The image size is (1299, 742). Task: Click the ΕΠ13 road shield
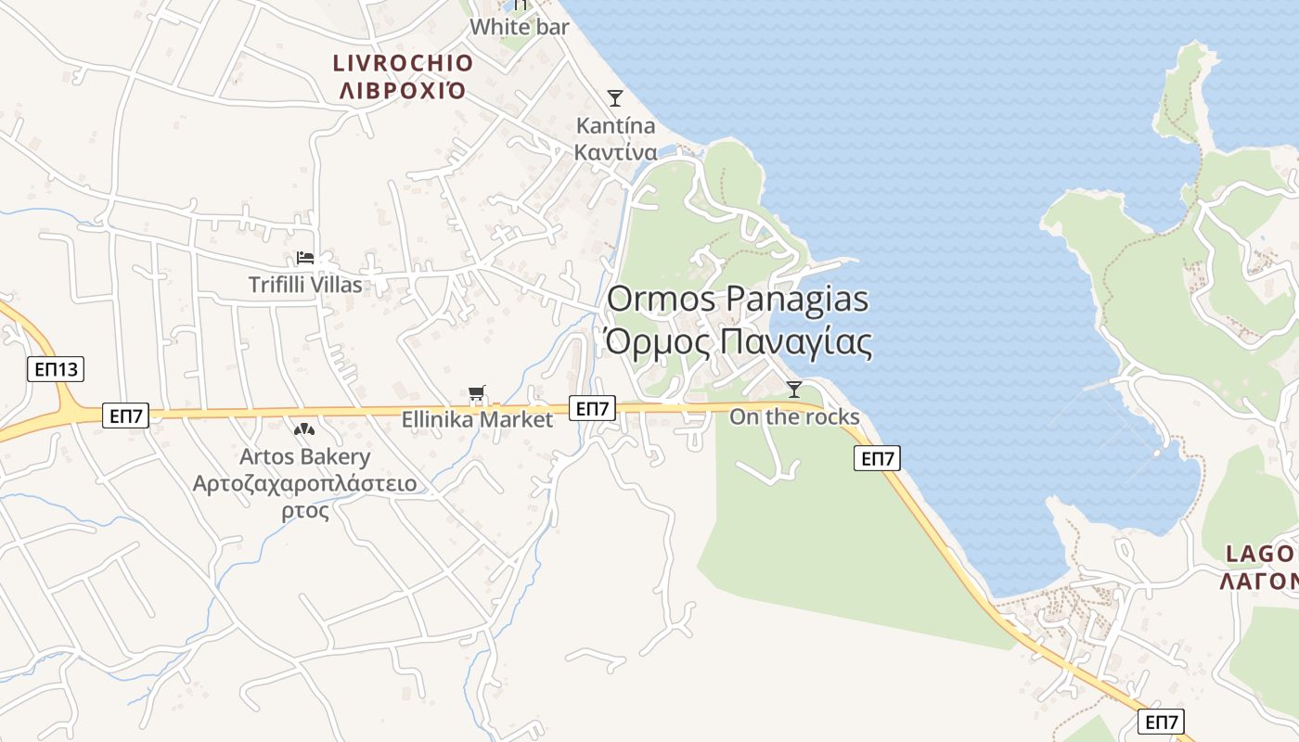(x=56, y=369)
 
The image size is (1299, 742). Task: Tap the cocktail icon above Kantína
(x=614, y=97)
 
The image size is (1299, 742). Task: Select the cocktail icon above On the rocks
(x=794, y=389)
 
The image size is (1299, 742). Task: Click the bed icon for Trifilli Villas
(x=305, y=258)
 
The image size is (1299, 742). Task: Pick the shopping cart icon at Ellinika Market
(x=477, y=394)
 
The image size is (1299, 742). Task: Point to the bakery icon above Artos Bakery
(x=304, y=430)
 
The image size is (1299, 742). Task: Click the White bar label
(x=520, y=27)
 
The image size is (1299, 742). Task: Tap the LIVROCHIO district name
(x=404, y=63)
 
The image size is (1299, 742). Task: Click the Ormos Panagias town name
(x=738, y=299)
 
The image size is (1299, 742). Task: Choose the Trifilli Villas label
(x=305, y=285)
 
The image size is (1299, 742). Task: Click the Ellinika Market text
(x=477, y=419)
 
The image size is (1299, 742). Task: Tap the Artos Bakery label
(x=304, y=456)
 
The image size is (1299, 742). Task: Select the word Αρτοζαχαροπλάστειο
(x=304, y=483)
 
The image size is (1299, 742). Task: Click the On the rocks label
(x=794, y=416)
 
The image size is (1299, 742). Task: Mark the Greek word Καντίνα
(x=615, y=152)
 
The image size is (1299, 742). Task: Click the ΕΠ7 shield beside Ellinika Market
(x=592, y=408)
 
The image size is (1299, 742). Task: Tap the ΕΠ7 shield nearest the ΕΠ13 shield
(x=125, y=416)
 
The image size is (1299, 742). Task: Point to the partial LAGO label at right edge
(x=1260, y=554)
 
